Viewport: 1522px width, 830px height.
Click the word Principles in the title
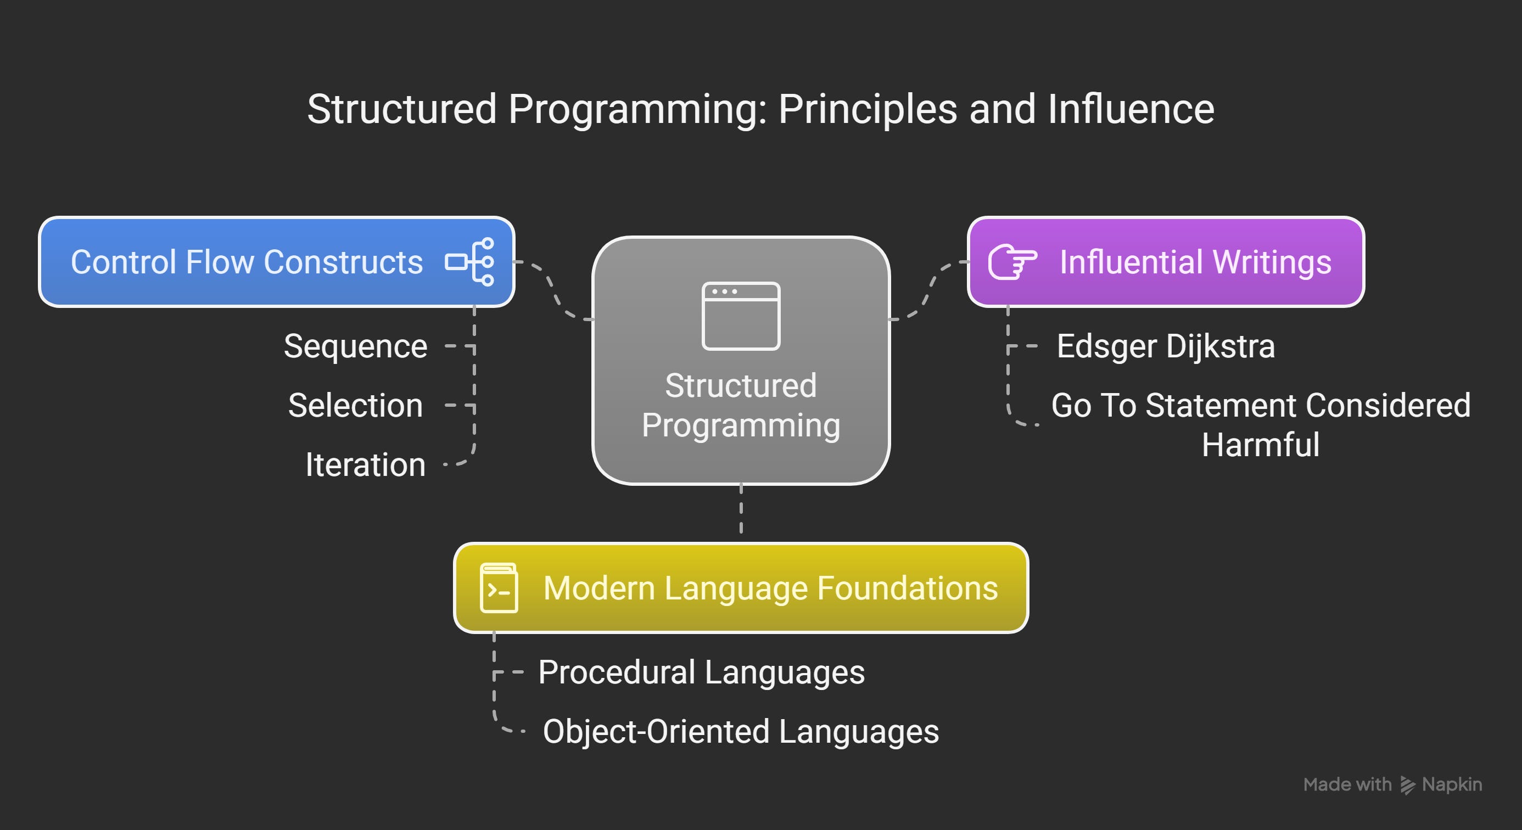[868, 109]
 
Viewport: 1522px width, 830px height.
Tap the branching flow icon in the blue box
[471, 262]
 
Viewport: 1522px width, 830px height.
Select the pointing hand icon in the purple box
[1012, 262]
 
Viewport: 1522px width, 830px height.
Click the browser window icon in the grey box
[741, 316]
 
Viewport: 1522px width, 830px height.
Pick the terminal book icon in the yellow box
[499, 588]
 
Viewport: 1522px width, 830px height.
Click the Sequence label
[355, 346]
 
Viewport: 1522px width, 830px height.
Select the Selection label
[355, 406]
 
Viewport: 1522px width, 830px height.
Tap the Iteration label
[365, 465]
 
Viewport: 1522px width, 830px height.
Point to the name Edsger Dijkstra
[1165, 346]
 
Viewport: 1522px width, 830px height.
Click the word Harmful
[1260, 445]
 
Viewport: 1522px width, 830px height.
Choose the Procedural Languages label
[701, 672]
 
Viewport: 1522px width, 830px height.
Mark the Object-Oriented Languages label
[740, 732]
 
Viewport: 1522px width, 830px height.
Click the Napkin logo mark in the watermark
[1407, 785]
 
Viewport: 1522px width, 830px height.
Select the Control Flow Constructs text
[247, 262]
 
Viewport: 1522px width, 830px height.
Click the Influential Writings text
[1195, 262]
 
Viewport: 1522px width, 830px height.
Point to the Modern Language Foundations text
[770, 588]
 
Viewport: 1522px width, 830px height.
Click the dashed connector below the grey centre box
[741, 511]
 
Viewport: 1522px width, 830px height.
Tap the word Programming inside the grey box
[741, 425]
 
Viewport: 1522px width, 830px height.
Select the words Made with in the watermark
[1347, 784]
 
